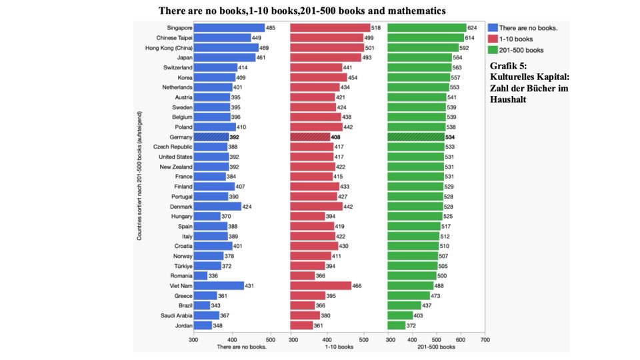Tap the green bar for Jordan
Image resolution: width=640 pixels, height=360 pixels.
397,325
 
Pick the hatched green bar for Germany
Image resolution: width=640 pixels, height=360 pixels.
416,137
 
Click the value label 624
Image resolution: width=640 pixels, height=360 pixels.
473,28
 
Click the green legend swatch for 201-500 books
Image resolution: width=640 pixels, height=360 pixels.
493,49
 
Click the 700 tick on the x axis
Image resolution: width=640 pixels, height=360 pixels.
485,339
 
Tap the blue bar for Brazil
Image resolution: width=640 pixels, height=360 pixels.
201,305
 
